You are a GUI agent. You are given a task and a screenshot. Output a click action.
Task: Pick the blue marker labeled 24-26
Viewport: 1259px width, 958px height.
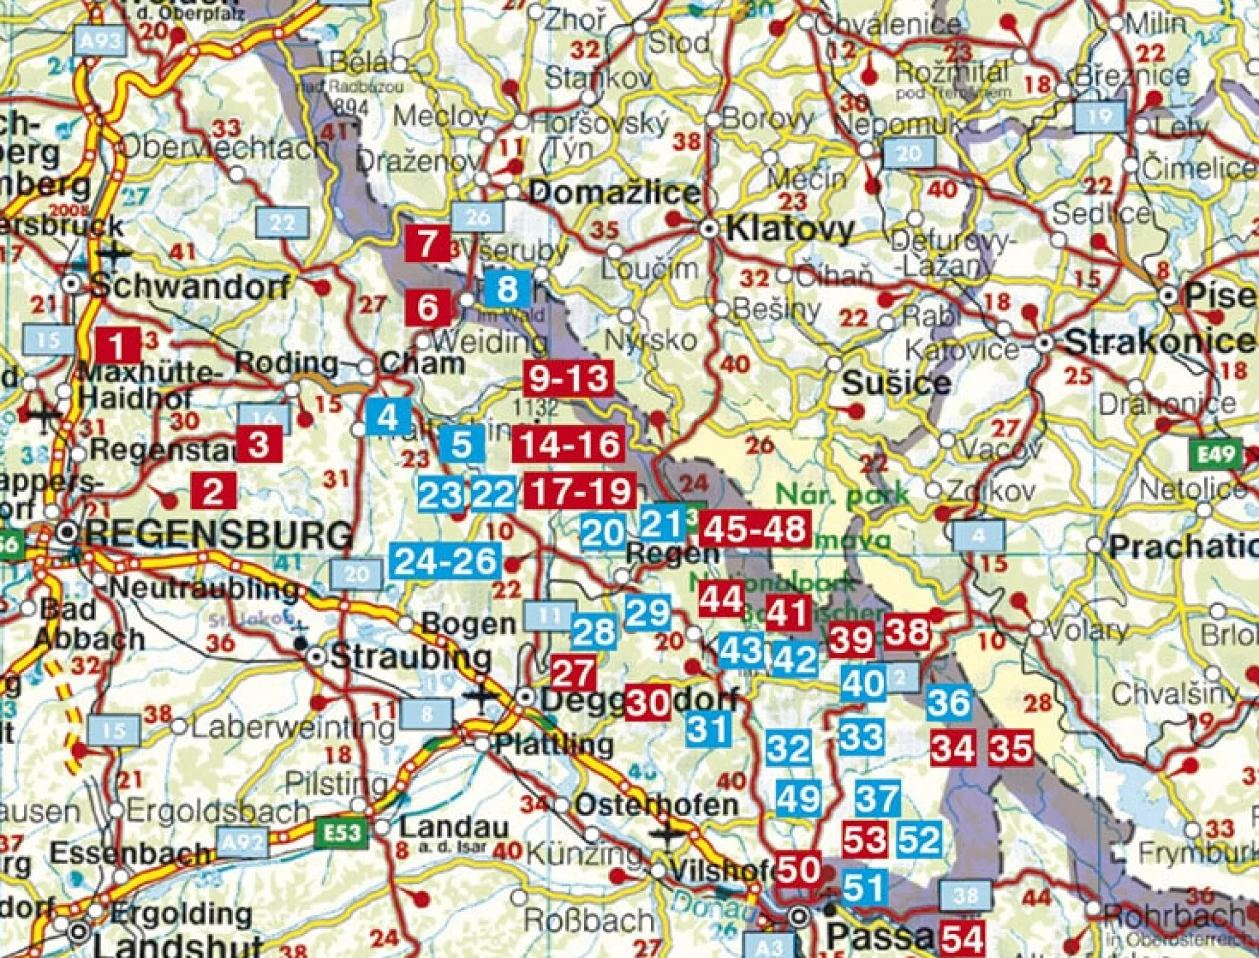click(x=446, y=561)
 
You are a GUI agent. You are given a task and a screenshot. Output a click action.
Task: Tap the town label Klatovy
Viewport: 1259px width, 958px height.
click(x=789, y=230)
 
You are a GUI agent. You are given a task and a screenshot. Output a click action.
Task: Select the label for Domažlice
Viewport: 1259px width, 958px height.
click(x=614, y=193)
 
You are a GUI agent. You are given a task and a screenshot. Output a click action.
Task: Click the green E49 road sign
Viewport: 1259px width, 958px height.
click(x=1215, y=453)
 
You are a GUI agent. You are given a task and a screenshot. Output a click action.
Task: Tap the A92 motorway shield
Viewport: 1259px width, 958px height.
click(x=243, y=842)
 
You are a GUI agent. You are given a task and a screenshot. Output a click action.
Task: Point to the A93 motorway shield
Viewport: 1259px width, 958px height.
click(x=100, y=42)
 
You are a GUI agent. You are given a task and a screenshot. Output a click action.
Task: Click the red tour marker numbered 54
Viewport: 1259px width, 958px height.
click(x=964, y=938)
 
